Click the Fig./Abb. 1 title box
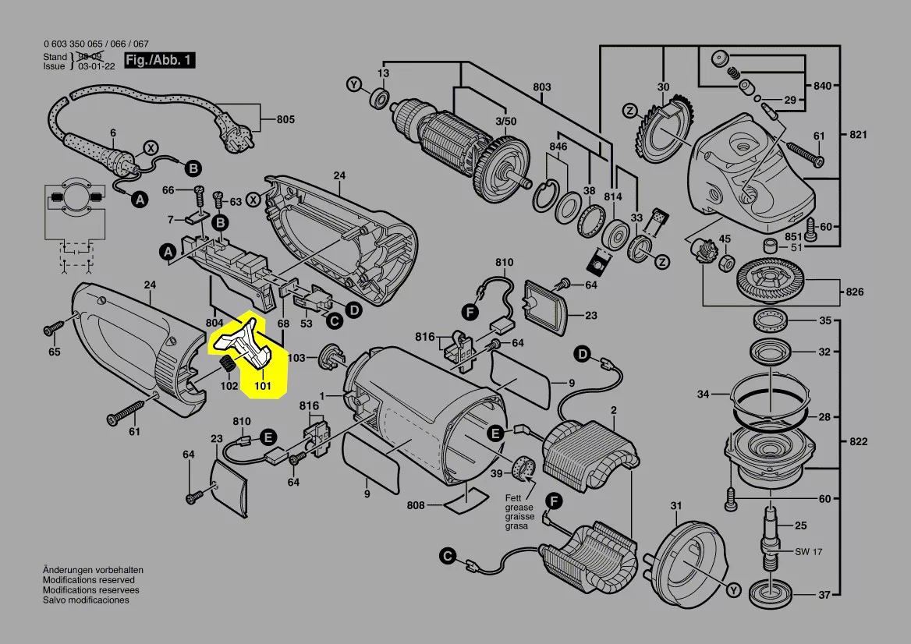159,61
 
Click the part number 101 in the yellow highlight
262,384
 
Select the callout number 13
383,73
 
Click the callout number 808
415,506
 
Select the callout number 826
855,292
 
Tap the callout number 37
824,595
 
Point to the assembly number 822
857,442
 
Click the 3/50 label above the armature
505,122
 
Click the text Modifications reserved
88,580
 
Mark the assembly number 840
823,84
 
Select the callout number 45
725,239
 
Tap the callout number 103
296,357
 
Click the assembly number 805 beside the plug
285,120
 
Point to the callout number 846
558,147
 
